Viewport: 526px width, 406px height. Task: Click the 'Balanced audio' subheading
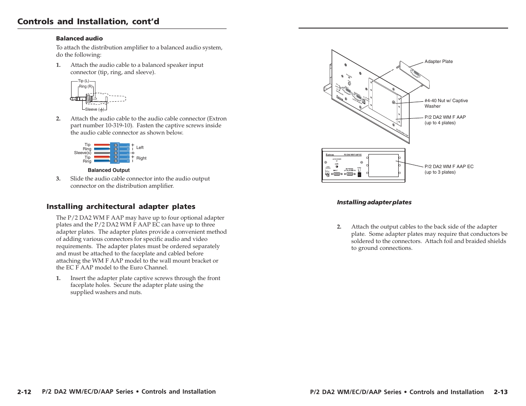79,38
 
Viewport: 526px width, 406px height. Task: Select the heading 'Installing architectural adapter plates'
121,206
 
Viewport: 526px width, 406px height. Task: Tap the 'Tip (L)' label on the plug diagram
83,81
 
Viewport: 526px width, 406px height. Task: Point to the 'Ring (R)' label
86,86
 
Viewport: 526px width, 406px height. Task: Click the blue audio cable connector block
115,153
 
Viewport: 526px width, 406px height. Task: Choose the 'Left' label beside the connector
140,148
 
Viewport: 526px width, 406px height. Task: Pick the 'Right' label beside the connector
141,158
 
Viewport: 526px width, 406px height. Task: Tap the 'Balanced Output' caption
109,170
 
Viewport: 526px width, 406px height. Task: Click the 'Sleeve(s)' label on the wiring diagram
83,153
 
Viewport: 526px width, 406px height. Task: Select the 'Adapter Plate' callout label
438,62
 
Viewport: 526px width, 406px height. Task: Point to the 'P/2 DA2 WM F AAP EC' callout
449,167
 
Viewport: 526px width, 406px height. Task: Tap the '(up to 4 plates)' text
440,123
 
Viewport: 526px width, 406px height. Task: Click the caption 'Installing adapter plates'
374,202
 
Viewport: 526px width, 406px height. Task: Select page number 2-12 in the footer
24,392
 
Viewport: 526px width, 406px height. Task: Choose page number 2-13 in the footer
500,392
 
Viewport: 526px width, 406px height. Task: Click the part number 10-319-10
119,126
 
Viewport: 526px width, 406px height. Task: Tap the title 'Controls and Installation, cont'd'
88,21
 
